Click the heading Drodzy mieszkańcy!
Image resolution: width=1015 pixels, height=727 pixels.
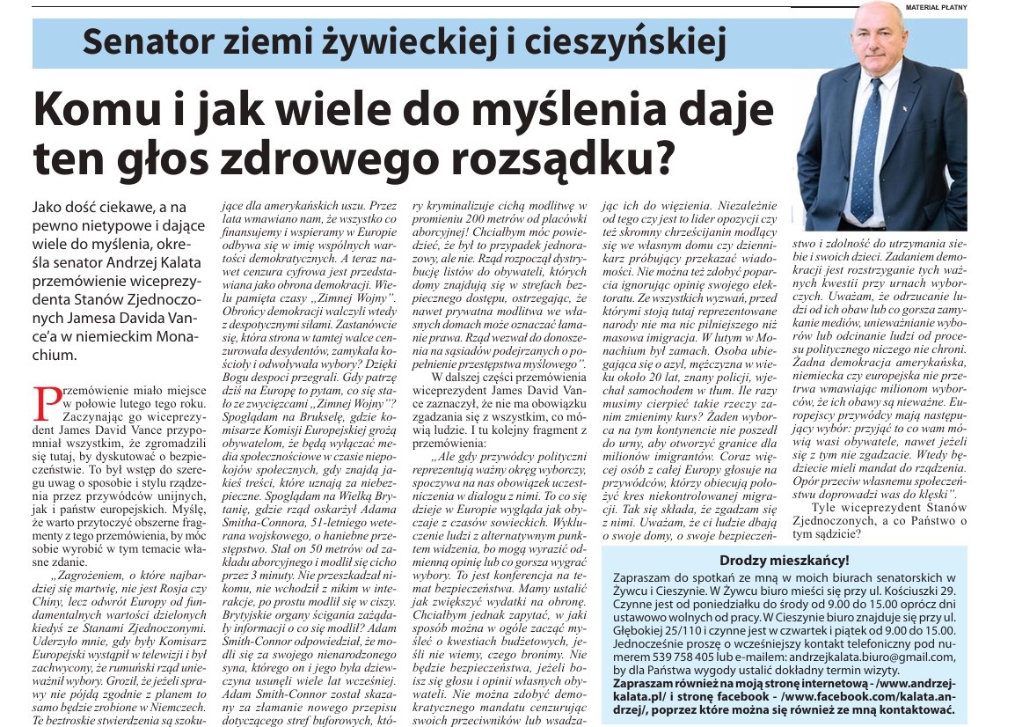pos(785,560)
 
